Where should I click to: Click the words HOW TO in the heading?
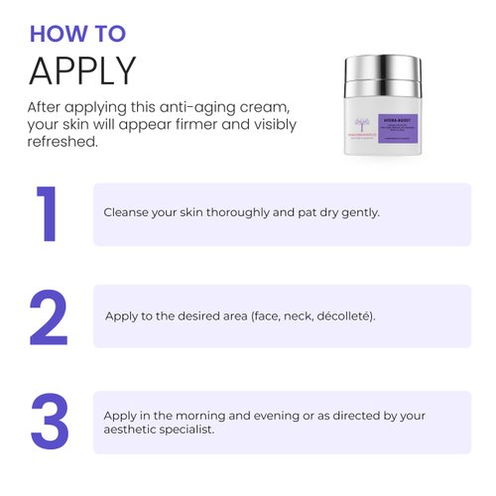pyautogui.click(x=77, y=33)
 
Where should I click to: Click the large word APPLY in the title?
pyautogui.click(x=81, y=71)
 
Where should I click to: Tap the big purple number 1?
pyautogui.click(x=47, y=213)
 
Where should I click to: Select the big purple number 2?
pyautogui.click(x=49, y=317)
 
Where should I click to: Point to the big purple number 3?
pyautogui.click(x=50, y=421)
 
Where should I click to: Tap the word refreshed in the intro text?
pyautogui.click(x=62, y=142)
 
